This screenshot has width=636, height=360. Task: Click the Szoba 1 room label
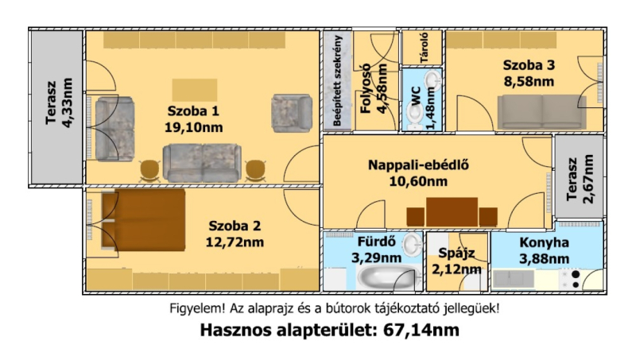coord(193,110)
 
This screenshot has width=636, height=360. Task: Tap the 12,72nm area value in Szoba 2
coord(235,242)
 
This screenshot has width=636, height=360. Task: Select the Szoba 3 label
coord(529,65)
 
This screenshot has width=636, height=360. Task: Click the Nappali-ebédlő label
coord(419,165)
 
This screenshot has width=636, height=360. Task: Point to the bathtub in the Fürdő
coord(385,277)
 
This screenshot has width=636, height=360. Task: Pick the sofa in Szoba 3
coord(542,112)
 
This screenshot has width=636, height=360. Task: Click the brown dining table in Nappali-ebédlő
coord(452,212)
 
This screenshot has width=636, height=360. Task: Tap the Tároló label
coord(425,48)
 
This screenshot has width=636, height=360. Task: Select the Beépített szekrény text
coord(337,80)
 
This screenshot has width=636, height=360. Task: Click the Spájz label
coord(456,254)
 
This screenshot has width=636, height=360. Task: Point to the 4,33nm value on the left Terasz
coord(68,103)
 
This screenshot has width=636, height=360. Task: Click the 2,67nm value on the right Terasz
coord(588,179)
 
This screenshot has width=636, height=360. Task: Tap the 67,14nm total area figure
coord(421,330)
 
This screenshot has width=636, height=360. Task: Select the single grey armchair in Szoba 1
coord(292,113)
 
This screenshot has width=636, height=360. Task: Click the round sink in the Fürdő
coord(413,245)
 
